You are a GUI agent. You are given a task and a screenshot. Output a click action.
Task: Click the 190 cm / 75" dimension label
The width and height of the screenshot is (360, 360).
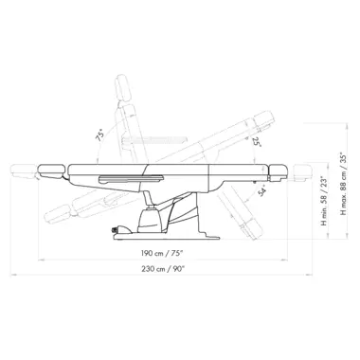pyautogui.click(x=162, y=253)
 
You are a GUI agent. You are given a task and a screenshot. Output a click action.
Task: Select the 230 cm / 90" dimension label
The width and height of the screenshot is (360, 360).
pyautogui.click(x=163, y=269)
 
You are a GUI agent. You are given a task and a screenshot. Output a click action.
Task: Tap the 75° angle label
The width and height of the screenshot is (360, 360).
pyautogui.click(x=99, y=135)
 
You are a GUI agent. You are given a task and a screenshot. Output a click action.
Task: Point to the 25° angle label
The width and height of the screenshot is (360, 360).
pyautogui.click(x=257, y=142)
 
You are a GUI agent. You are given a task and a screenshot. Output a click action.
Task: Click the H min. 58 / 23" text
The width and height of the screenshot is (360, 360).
pyautogui.click(x=324, y=201)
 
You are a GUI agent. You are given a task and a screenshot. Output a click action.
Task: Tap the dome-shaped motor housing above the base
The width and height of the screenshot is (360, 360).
pyautogui.click(x=150, y=220)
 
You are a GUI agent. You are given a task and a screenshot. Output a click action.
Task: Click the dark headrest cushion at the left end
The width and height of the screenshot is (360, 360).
pyautogui.click(x=51, y=170)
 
